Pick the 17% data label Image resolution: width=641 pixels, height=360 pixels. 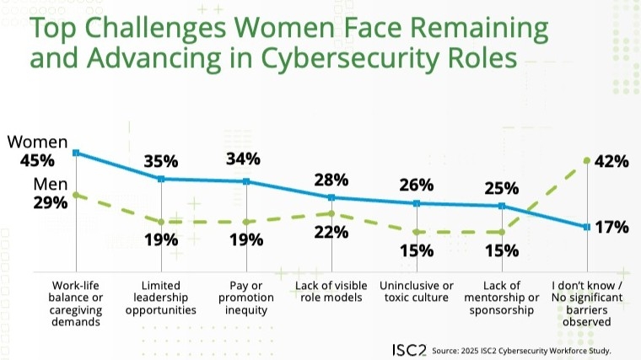tap(611, 227)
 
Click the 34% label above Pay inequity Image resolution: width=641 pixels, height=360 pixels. tap(245, 159)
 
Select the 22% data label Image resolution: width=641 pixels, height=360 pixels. tap(331, 233)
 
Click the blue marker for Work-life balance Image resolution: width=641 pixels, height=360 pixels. tap(76, 153)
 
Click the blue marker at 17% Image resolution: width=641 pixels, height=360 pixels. tap(586, 227)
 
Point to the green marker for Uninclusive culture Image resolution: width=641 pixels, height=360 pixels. tap(417, 232)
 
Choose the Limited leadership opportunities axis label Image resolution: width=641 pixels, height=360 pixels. tap(160, 298)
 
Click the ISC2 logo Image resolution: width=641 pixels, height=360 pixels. tap(409, 349)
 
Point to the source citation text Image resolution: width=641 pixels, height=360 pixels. tap(521, 350)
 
